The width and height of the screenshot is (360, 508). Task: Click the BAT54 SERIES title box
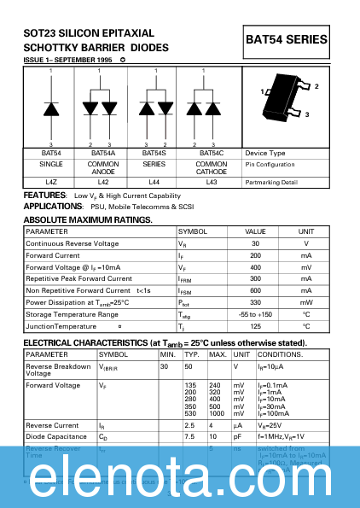[x=287, y=39]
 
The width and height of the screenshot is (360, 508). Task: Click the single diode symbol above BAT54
[x=50, y=108]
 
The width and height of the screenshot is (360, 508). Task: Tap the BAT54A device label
[x=102, y=153]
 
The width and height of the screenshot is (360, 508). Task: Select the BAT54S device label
[x=154, y=153]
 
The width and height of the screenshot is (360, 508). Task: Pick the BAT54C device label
[x=211, y=153]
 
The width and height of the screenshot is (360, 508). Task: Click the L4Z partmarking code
[x=50, y=182]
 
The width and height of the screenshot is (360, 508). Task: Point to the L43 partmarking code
[x=211, y=182]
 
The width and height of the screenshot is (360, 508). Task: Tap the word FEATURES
[x=44, y=196]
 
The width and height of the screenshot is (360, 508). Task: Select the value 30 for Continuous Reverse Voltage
[x=255, y=243]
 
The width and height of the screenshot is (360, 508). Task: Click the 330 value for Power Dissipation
[x=255, y=302]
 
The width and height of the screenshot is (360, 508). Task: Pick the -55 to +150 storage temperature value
[x=255, y=314]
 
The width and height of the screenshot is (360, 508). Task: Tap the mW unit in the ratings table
[x=305, y=302]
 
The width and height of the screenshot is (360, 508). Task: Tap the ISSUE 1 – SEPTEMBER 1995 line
[x=68, y=61]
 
